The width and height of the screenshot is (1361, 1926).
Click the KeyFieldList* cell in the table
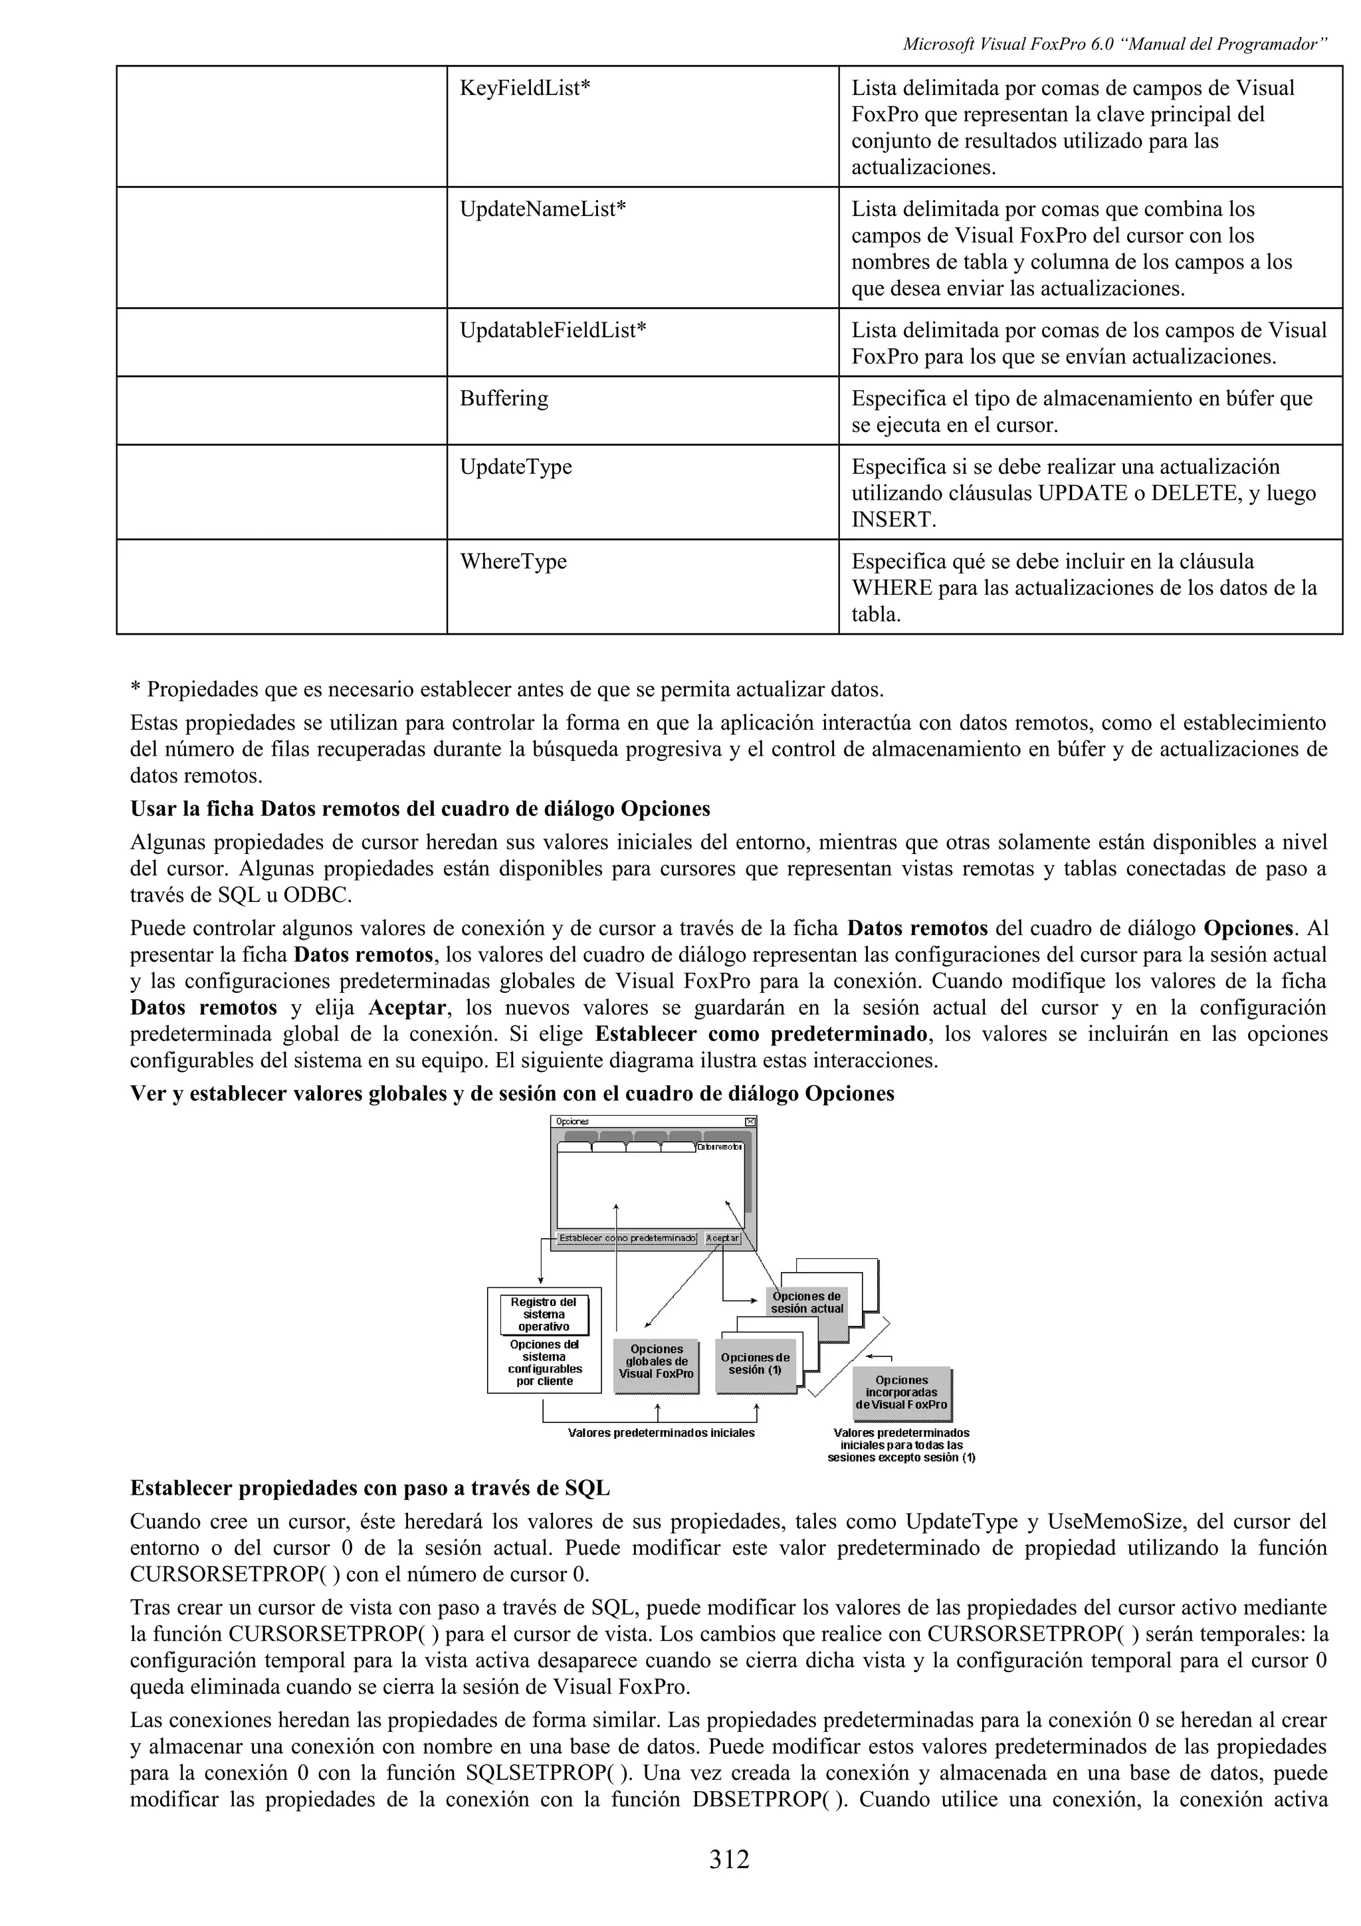coord(525,88)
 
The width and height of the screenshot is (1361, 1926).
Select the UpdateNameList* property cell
coord(542,209)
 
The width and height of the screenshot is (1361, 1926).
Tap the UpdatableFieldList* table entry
coord(553,330)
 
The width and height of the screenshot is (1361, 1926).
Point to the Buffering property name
coord(503,399)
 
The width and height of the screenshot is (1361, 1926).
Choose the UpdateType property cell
coord(515,467)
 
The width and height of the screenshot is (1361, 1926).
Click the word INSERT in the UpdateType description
coord(893,520)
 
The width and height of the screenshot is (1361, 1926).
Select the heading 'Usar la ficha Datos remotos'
coord(420,809)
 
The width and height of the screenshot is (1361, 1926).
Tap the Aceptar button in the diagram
coord(722,1238)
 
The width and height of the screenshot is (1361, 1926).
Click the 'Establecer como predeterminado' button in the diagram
coord(627,1238)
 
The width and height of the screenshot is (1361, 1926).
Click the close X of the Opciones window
coord(750,1122)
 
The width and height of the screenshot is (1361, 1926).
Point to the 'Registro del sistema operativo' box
coord(544,1315)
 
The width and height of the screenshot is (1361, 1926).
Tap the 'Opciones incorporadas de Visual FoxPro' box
coord(902,1392)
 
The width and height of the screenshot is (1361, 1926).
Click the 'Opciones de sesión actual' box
coord(807,1303)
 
